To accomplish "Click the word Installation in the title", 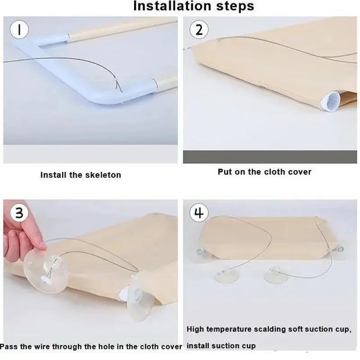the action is [x=172, y=6].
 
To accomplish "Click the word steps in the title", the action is [x=235, y=6].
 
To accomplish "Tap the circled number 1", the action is [x=19, y=30].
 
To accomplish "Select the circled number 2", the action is [x=199, y=30].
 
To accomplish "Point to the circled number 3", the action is [x=19, y=213].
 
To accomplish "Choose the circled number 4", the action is [x=199, y=213].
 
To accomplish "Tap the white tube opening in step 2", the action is [x=330, y=101].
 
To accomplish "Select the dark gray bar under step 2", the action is [x=270, y=157].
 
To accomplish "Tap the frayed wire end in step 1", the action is [x=118, y=85].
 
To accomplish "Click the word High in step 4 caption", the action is [x=195, y=329].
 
